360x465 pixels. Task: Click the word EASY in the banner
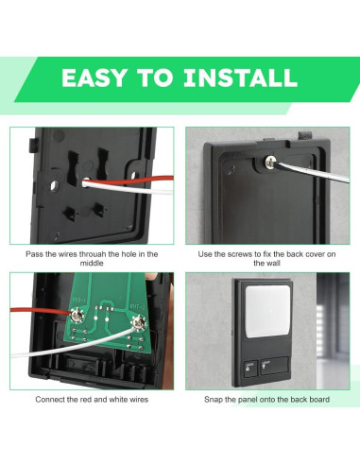click(94, 77)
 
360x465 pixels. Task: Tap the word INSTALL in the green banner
click(240, 77)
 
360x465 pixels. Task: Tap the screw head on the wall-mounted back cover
click(270, 163)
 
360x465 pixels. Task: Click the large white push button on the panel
click(267, 311)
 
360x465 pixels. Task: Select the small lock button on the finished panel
click(250, 369)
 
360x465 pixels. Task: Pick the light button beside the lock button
click(274, 366)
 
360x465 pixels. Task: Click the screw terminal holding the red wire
click(77, 315)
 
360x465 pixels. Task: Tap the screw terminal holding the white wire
click(139, 323)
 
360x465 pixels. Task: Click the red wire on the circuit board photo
click(41, 311)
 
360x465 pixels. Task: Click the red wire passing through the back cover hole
click(129, 181)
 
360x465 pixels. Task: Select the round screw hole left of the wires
click(55, 185)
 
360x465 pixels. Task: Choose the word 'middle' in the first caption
click(92, 263)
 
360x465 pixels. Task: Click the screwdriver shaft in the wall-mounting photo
click(312, 172)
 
